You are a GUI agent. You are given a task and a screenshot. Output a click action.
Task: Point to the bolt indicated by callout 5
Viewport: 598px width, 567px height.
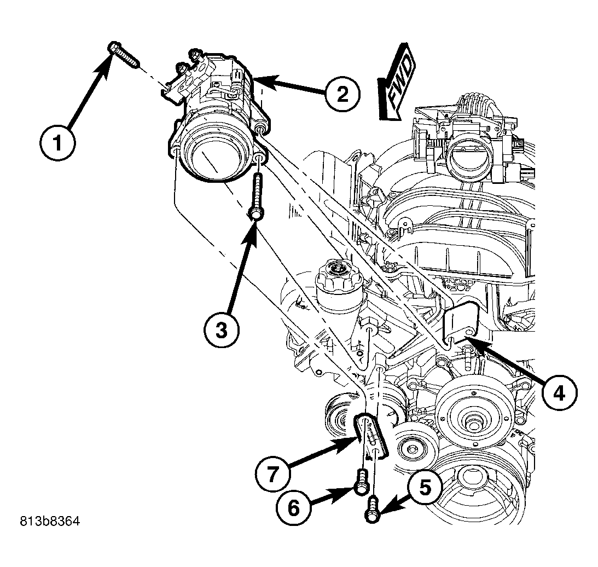pyautogui.click(x=373, y=507)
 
